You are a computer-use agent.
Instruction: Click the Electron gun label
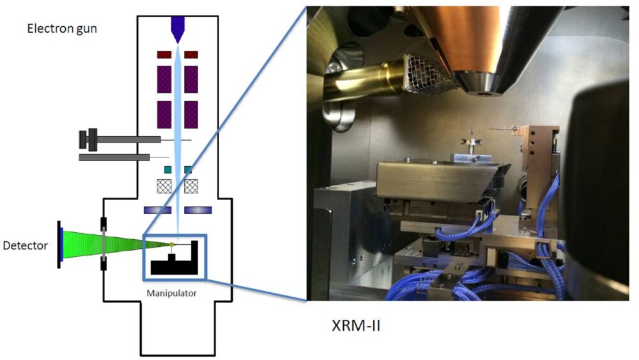[62, 28]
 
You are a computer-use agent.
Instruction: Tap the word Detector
[26, 245]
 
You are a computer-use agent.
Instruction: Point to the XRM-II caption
[356, 325]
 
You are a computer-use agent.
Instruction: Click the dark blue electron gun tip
[178, 27]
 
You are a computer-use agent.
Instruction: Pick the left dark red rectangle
[165, 54]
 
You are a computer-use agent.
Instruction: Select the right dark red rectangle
[190, 54]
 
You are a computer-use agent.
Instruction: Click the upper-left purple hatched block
[165, 79]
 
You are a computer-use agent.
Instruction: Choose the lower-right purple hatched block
[190, 114]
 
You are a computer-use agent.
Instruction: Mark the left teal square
[167, 169]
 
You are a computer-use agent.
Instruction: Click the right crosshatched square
[190, 185]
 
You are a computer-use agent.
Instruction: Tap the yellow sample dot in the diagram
[172, 244]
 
